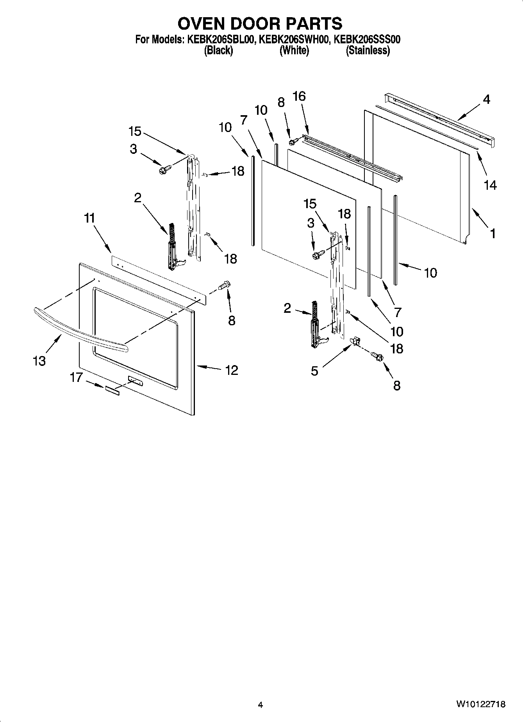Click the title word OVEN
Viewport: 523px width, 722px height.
201,24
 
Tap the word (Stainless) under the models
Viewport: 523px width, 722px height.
368,50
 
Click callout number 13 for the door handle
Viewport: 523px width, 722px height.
39,360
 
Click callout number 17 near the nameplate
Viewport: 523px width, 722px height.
76,377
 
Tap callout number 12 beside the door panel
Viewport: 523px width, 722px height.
231,370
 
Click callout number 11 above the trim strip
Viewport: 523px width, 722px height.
89,218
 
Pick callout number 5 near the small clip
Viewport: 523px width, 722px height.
314,371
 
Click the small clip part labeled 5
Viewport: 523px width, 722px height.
355,342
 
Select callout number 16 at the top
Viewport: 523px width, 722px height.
299,96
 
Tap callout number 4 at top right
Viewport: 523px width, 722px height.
486,99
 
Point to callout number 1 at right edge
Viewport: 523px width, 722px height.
493,234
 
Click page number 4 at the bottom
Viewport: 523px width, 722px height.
260,705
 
